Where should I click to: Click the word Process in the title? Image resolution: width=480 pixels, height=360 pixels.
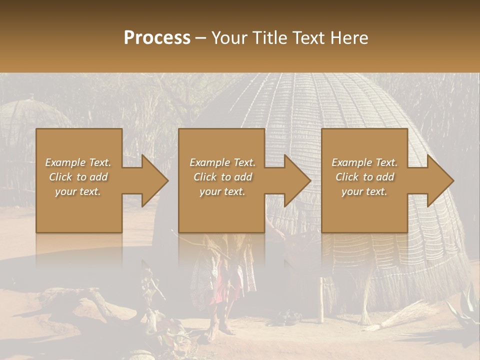(157, 38)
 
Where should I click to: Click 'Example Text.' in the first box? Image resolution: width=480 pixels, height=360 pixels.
(78, 162)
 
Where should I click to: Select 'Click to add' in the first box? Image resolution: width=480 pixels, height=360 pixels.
(78, 177)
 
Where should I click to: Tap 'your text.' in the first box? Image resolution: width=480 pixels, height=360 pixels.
(78, 191)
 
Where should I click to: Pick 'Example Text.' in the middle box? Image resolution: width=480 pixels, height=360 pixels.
(222, 162)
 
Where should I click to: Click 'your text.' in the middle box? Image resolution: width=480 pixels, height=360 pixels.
(222, 191)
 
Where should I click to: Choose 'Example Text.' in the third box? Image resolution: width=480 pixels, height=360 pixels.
(364, 162)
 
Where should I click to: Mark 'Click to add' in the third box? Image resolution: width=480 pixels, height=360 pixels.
(364, 177)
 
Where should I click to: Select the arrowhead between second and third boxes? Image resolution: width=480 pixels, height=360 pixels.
(295, 180)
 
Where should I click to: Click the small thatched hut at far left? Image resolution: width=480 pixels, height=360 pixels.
(30, 125)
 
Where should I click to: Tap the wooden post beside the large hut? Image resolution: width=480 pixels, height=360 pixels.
(321, 300)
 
